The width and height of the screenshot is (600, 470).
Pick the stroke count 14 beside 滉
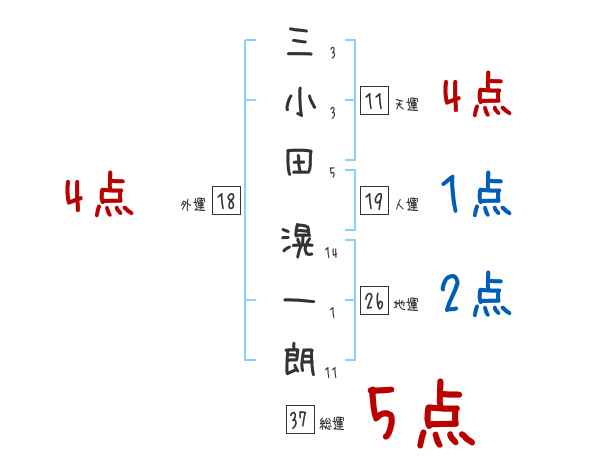coord(332,253)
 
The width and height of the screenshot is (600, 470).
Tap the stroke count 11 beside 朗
coord(332,373)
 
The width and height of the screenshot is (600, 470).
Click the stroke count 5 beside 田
coord(332,173)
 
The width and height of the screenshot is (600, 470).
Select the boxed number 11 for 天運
coord(374,101)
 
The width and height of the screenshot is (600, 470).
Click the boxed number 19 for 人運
coord(374,201)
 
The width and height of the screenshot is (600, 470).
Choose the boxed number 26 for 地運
coord(374,301)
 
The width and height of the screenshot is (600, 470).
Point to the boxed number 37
coord(298,420)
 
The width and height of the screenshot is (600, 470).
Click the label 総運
coord(332,424)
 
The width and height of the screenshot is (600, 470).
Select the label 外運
coord(192,205)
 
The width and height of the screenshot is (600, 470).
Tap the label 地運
coord(406,305)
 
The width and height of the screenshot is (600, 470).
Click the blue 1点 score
coord(475,194)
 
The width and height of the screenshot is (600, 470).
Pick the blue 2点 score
coord(475,295)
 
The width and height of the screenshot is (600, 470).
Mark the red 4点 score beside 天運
coord(475,97)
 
